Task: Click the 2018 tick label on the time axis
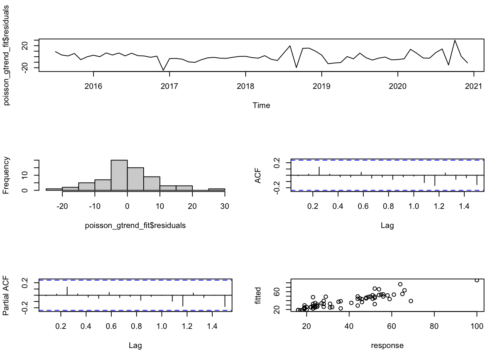click(x=245, y=86)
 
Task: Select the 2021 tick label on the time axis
click(x=474, y=86)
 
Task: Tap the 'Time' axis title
click(x=261, y=105)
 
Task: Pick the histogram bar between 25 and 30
click(x=217, y=189)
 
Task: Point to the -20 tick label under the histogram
click(x=62, y=206)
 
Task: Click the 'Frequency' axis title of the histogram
click(x=6, y=175)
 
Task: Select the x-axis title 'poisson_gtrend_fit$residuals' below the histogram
click(x=135, y=225)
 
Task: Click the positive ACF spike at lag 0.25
click(x=319, y=171)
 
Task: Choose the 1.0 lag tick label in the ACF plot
click(x=414, y=206)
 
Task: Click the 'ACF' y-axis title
click(x=258, y=175)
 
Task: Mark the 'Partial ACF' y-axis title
click(x=6, y=295)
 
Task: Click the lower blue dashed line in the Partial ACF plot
click(x=135, y=310)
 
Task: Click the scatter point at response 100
click(x=477, y=280)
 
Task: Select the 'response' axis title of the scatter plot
click(x=387, y=345)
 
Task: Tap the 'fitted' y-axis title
click(x=258, y=295)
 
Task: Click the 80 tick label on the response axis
click(x=434, y=326)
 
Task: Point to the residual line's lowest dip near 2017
click(x=163, y=70)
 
